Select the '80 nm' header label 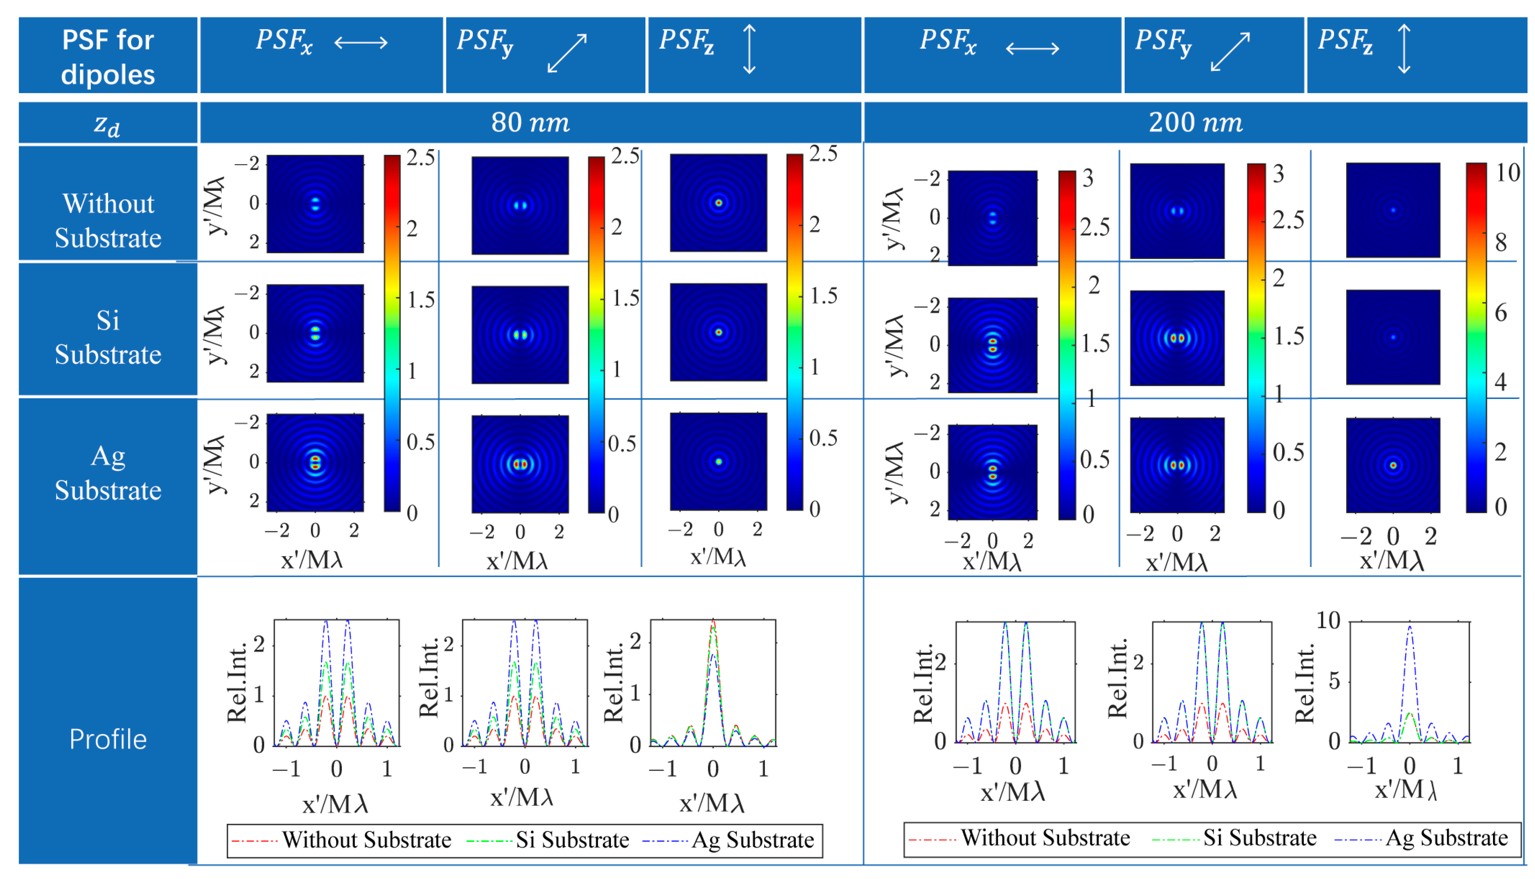[530, 123]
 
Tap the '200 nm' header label [1195, 123]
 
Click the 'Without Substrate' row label [108, 221]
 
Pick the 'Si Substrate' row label [108, 337]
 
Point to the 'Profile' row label [108, 739]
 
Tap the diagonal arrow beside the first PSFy [567, 53]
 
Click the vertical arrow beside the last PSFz [1404, 49]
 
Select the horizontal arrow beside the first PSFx [361, 43]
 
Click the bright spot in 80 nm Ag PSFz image [718, 462]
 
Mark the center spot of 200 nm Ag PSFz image [1393, 466]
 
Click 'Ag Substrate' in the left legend [752, 840]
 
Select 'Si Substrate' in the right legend [1259, 838]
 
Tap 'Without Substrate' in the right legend [1045, 838]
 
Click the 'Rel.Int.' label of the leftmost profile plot [237, 682]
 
